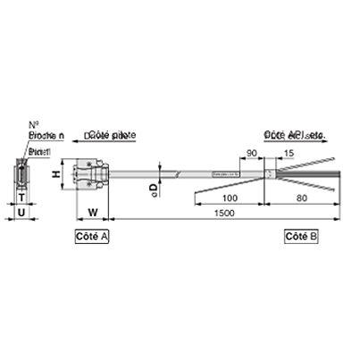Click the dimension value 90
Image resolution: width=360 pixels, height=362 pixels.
click(x=252, y=153)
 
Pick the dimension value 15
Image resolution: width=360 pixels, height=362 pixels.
click(x=288, y=153)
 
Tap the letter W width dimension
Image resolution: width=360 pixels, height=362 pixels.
click(x=93, y=213)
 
